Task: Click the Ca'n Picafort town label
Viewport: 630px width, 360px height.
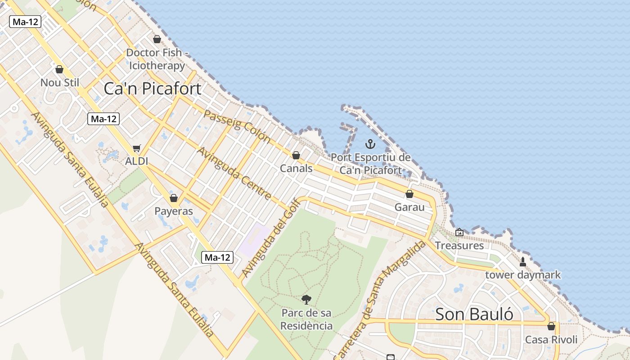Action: point(153,89)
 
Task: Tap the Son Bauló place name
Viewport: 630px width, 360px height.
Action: point(474,314)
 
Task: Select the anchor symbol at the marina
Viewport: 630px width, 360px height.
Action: point(370,144)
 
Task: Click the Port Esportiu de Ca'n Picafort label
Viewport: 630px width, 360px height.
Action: point(370,164)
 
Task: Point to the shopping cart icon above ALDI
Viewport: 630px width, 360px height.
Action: point(137,148)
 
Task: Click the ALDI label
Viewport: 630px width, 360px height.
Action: point(137,161)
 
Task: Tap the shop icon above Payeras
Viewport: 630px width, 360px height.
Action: point(174,198)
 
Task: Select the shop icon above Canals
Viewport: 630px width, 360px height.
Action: point(296,155)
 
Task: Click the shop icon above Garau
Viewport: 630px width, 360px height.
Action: point(409,194)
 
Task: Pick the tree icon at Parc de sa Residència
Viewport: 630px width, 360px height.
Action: point(306,299)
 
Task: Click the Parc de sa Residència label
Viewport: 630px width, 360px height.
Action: point(306,319)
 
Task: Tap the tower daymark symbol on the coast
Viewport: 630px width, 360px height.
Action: point(523,261)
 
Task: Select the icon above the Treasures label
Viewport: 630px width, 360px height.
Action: point(459,232)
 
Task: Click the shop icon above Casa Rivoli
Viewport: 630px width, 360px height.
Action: point(551,326)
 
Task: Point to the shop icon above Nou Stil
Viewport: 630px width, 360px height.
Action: point(59,69)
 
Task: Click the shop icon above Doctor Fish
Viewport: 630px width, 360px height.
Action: point(157,39)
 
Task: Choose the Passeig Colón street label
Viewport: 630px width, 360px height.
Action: point(237,126)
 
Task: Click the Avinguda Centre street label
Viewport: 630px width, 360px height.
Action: point(234,173)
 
